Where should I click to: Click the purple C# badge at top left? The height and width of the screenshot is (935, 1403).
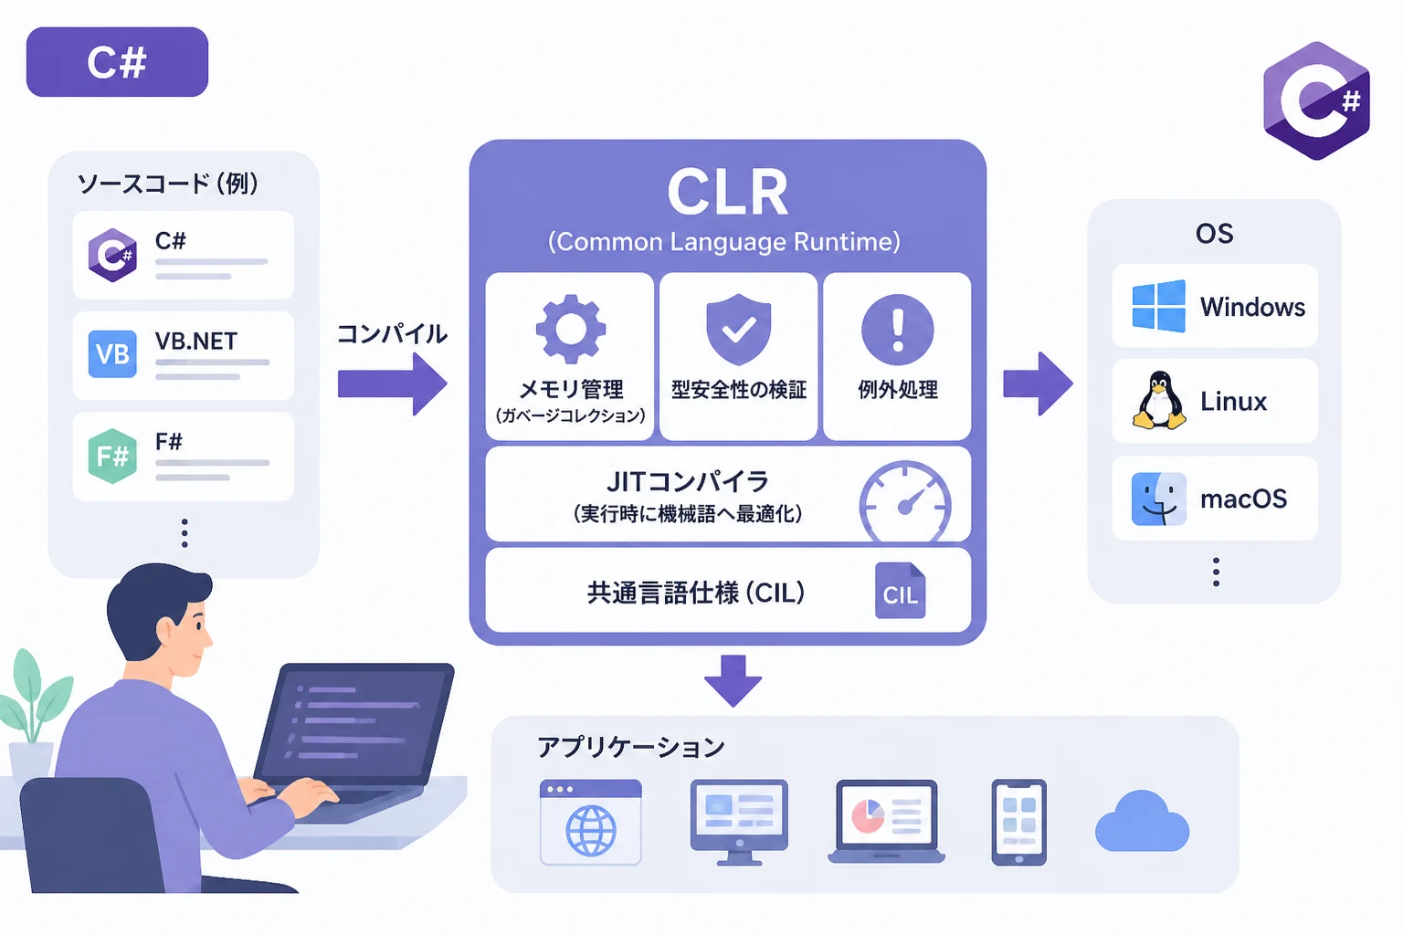click(117, 62)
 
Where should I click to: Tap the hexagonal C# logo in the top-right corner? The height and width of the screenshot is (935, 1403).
click(1316, 100)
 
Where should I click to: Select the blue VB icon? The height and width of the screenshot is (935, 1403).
click(112, 354)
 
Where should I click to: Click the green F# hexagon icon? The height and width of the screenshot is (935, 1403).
click(112, 456)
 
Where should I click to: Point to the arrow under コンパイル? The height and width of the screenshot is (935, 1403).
click(393, 383)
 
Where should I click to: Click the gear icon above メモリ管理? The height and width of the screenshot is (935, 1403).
click(571, 329)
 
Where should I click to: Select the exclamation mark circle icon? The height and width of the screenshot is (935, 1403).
click(898, 330)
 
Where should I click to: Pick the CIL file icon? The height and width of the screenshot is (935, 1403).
click(900, 591)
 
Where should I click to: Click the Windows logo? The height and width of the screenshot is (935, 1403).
click(1159, 306)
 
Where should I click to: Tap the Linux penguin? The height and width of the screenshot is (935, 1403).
click(1159, 400)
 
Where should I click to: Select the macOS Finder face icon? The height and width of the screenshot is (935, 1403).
click(1159, 499)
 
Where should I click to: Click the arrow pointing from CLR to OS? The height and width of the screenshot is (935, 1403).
click(1038, 383)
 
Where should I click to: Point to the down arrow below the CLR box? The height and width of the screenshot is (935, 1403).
click(733, 681)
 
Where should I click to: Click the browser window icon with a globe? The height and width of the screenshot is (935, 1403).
click(591, 823)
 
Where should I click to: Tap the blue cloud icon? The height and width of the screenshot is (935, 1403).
click(1142, 821)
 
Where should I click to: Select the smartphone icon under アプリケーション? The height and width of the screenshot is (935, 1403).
click(1019, 823)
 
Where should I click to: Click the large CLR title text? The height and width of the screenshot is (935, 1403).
click(727, 193)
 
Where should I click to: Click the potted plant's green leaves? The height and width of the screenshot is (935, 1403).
click(35, 695)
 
